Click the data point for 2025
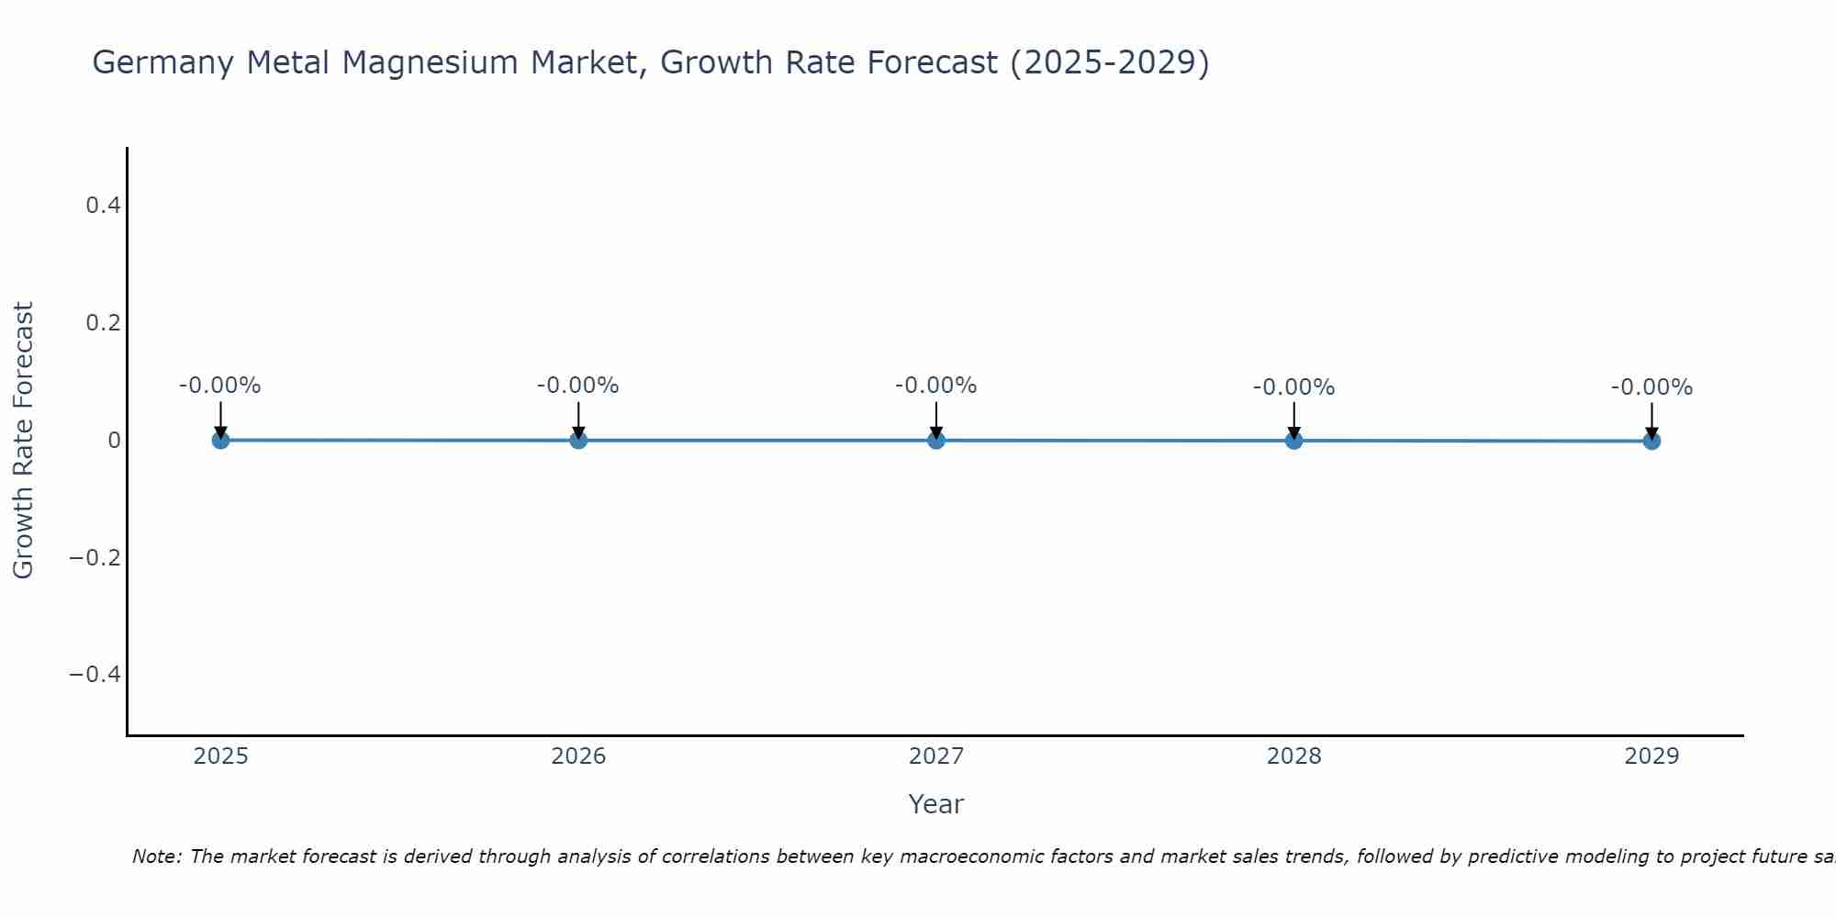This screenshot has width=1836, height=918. point(220,440)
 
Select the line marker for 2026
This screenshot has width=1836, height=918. point(578,440)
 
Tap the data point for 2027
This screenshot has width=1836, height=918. point(936,440)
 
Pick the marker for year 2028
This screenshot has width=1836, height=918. point(1293,441)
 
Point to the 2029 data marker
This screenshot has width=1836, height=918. point(1651,441)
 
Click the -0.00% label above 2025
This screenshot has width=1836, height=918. point(220,386)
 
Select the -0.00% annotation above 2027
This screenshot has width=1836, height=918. point(936,386)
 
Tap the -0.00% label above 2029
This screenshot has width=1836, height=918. point(1651,387)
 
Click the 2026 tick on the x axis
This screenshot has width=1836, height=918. point(578,756)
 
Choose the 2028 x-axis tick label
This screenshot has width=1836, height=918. point(1293,756)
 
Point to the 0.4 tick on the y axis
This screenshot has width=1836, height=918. point(103,206)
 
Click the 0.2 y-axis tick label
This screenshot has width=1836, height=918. point(103,323)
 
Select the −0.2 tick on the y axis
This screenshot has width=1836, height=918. point(95,558)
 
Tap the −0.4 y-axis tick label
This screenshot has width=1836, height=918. point(95,675)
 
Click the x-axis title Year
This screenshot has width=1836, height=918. point(935,804)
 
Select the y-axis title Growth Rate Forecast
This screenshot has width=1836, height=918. point(23,441)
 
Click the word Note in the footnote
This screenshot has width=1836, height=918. point(156,856)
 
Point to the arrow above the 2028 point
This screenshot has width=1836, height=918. point(1293,420)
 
